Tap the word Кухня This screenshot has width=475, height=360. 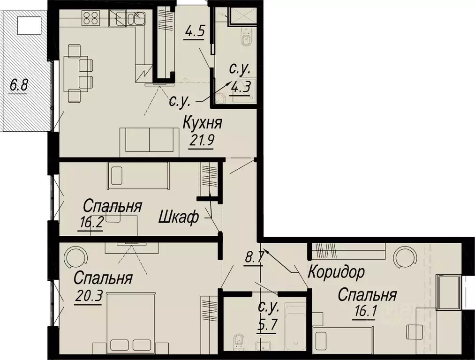202,125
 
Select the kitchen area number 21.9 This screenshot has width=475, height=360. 202,140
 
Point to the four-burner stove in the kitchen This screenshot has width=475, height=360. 90,18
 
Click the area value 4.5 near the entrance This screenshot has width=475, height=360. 194,33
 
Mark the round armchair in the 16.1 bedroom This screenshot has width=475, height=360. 405,257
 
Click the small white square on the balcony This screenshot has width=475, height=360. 28,24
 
